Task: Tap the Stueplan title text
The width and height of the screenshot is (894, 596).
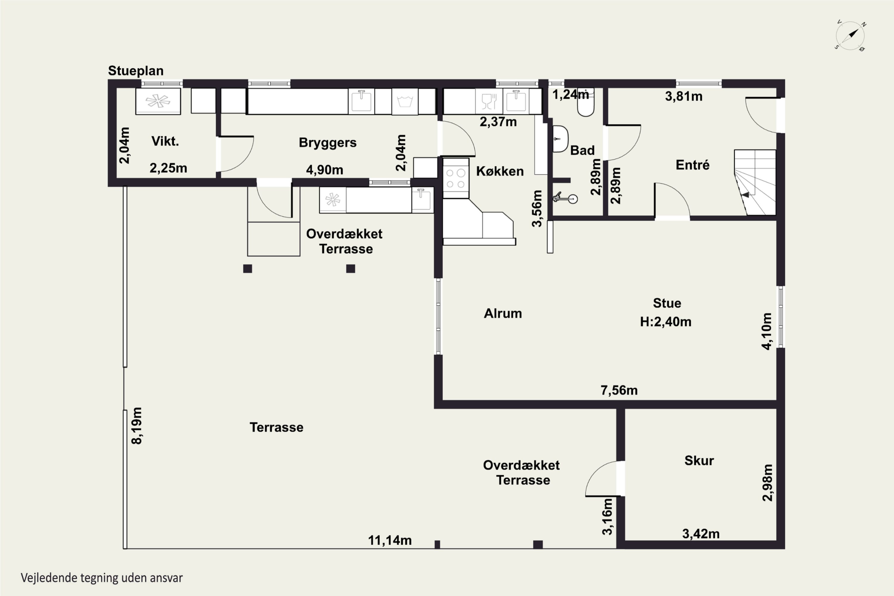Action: click(x=136, y=71)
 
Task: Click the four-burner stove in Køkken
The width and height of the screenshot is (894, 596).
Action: click(x=456, y=178)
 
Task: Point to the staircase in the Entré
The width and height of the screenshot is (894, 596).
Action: click(x=755, y=182)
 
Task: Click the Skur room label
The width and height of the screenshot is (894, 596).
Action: click(x=699, y=461)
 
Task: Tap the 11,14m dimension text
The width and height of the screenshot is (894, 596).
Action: click(x=389, y=540)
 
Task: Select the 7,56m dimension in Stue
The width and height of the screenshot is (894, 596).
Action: click(x=619, y=390)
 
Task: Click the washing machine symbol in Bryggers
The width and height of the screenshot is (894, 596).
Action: click(x=405, y=102)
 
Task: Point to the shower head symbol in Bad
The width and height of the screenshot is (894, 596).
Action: click(x=566, y=198)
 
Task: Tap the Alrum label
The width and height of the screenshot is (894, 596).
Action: click(x=502, y=313)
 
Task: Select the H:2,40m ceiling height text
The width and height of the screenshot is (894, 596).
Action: click(x=665, y=322)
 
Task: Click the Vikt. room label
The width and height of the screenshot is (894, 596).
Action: click(x=165, y=141)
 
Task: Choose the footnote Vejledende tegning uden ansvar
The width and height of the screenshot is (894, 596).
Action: click(x=102, y=578)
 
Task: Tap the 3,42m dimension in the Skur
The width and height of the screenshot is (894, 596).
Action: click(x=701, y=534)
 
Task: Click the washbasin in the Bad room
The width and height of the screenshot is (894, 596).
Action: click(x=560, y=139)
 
